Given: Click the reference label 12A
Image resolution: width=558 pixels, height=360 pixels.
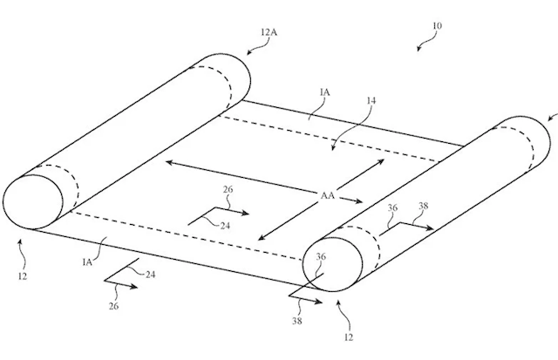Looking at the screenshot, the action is pyautogui.click(x=269, y=32).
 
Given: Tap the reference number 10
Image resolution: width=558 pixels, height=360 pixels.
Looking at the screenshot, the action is pyautogui.click(x=438, y=25).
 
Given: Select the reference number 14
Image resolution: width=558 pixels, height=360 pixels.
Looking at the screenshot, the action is pyautogui.click(x=371, y=100).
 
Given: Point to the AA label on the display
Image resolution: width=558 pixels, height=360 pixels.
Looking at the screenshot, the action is pyautogui.click(x=328, y=195).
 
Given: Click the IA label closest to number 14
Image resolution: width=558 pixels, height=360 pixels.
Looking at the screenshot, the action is pyautogui.click(x=325, y=92).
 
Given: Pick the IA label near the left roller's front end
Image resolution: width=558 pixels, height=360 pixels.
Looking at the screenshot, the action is pyautogui.click(x=87, y=262).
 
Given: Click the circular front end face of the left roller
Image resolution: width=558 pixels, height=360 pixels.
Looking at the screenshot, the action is pyautogui.click(x=33, y=202).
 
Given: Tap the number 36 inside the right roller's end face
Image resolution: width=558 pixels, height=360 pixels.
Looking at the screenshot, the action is pyautogui.click(x=321, y=256).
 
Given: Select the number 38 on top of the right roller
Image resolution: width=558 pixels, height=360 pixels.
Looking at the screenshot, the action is pyautogui.click(x=424, y=206).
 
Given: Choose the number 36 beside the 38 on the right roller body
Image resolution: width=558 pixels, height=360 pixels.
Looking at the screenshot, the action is pyautogui.click(x=392, y=207).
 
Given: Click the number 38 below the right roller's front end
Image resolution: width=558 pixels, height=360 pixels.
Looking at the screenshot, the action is pyautogui.click(x=297, y=321).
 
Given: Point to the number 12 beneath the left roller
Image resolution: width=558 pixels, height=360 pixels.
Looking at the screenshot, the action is pyautogui.click(x=23, y=276).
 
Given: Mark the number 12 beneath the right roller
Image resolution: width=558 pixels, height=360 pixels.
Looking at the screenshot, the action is pyautogui.click(x=349, y=337).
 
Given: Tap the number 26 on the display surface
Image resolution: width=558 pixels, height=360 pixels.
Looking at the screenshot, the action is pyautogui.click(x=228, y=189).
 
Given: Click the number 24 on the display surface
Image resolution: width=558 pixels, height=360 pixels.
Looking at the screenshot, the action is pyautogui.click(x=225, y=226).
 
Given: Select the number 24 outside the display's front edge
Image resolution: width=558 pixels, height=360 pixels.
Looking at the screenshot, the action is pyautogui.click(x=150, y=275).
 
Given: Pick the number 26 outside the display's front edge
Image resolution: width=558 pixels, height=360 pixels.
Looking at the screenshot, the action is pyautogui.click(x=113, y=306).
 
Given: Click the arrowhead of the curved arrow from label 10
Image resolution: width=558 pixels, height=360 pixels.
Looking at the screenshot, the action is pyautogui.click(x=418, y=49).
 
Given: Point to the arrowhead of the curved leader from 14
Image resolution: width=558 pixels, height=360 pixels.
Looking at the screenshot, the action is pyautogui.click(x=333, y=148).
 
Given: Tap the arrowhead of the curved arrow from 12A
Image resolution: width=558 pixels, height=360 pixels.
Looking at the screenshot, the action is pyautogui.click(x=249, y=52).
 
